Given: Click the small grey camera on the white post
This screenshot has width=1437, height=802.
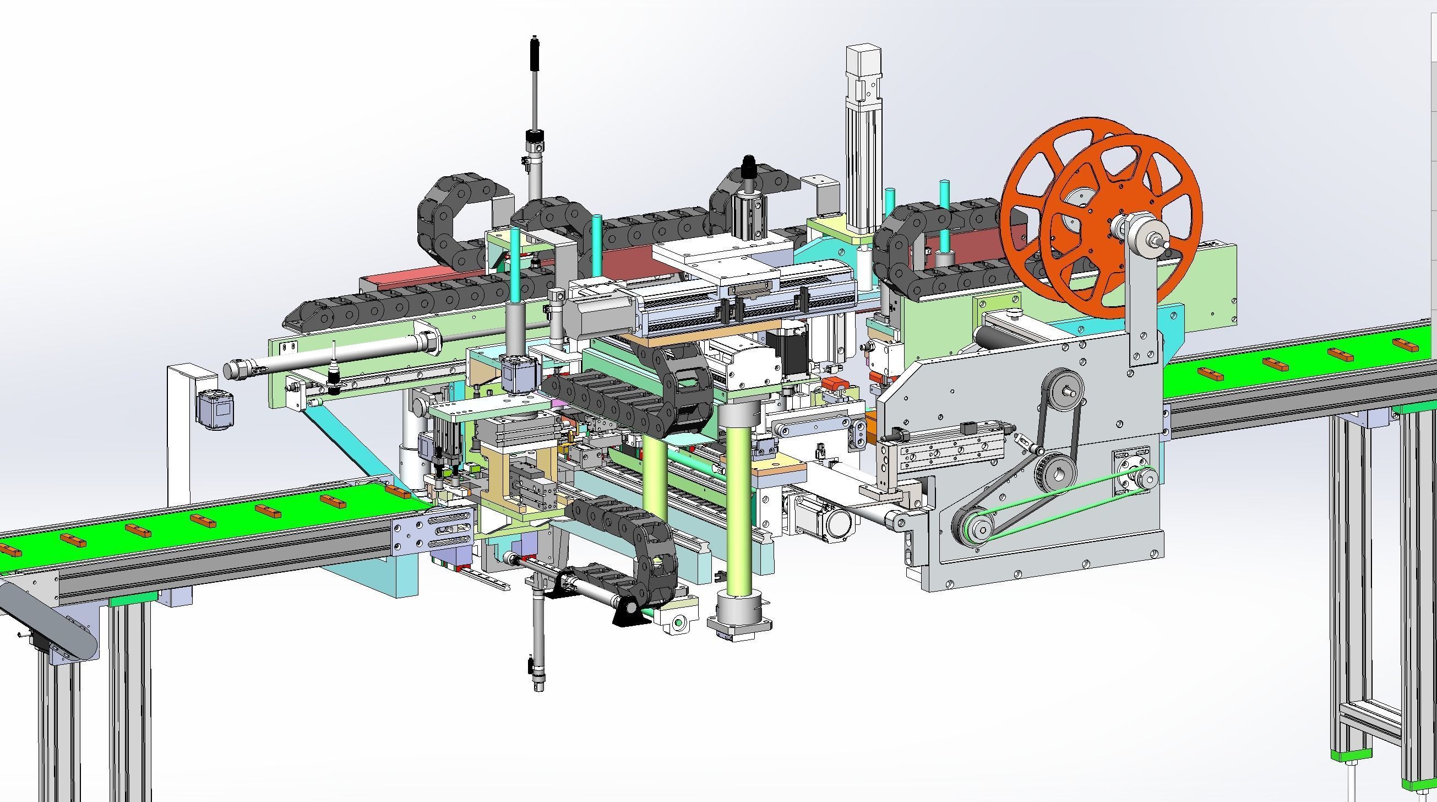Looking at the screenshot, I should pyautogui.click(x=215, y=409).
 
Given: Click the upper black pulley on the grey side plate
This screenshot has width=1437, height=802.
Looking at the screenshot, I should pyautogui.click(x=1064, y=389).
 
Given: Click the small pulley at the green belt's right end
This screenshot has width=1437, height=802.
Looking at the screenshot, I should pyautogui.click(x=1142, y=478).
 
